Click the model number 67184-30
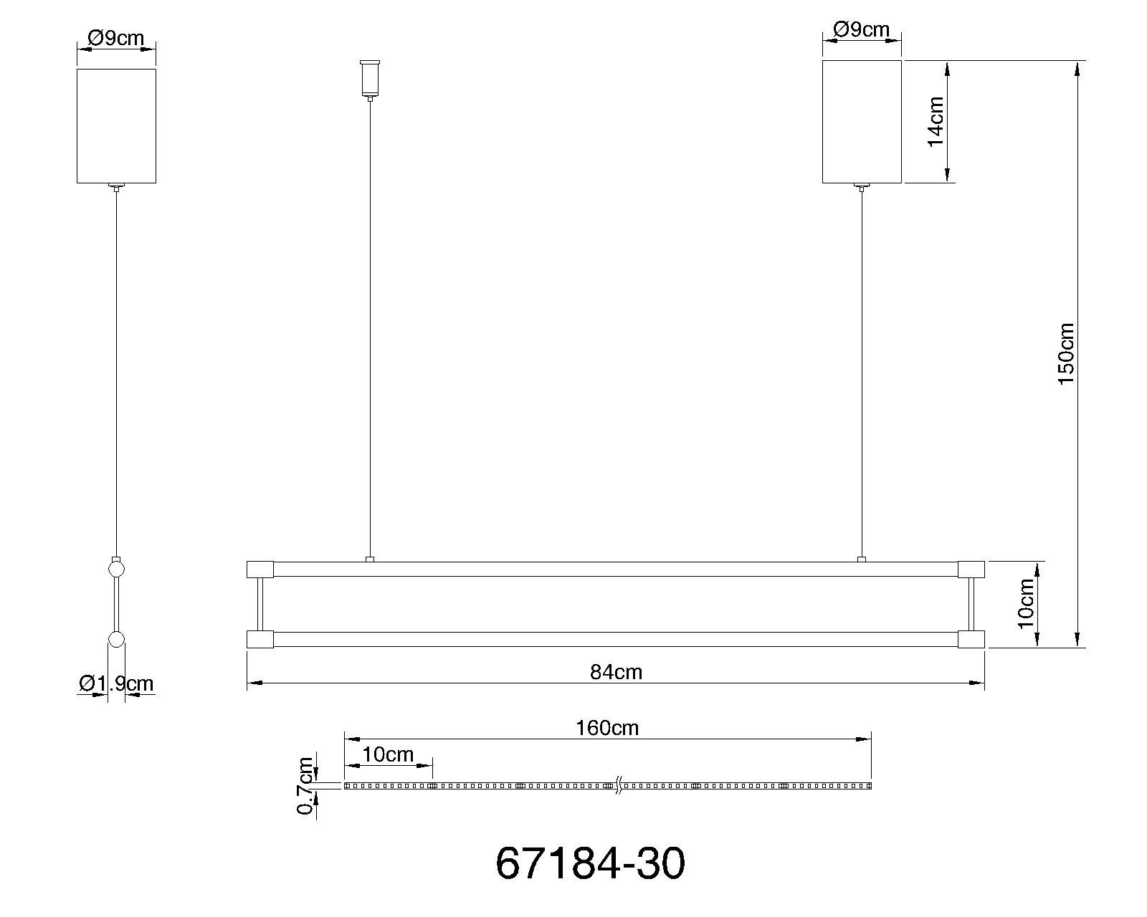click(x=590, y=864)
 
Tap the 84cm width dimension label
click(x=616, y=672)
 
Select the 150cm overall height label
click(x=1066, y=354)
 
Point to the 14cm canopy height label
click(x=936, y=122)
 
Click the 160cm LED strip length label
click(x=606, y=728)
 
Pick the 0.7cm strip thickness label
click(x=306, y=786)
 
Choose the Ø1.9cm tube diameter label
click(x=116, y=683)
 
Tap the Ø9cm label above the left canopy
click(x=115, y=38)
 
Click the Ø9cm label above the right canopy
click(x=861, y=29)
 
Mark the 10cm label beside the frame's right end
click(x=1026, y=603)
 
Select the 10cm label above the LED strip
click(x=388, y=754)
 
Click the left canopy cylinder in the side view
click(x=116, y=125)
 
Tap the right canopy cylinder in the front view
click(x=861, y=121)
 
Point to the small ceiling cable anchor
click(x=370, y=78)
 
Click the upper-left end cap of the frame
click(x=260, y=570)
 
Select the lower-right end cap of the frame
click(x=971, y=639)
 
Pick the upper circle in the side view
click(x=116, y=570)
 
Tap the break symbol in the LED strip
click(x=617, y=786)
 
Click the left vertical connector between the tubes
click(x=260, y=604)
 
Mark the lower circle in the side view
click(x=116, y=640)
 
